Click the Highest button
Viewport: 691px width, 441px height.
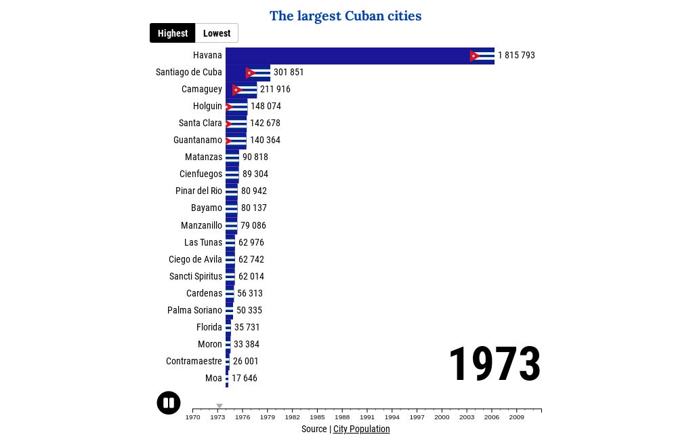point(173,33)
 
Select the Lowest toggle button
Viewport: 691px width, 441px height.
point(217,33)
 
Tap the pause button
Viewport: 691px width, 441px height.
point(169,403)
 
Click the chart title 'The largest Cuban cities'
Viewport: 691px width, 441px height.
point(345,16)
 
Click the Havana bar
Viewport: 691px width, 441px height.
point(359,56)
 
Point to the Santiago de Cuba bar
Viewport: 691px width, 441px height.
point(247,73)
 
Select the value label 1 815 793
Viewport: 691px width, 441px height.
point(516,56)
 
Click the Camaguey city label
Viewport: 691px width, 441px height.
point(201,90)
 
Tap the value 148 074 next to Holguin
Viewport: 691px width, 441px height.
point(266,107)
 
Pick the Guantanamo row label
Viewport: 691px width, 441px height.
point(197,140)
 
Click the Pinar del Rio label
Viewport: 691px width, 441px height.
point(198,191)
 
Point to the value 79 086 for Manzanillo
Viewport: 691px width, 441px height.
point(253,225)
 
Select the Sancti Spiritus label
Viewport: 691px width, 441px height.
point(196,276)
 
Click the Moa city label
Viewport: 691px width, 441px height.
point(213,379)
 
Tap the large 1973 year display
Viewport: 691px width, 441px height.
point(495,364)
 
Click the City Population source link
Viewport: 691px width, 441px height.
point(361,429)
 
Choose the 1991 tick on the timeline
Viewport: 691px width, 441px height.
point(367,417)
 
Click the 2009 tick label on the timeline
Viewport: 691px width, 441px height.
point(516,417)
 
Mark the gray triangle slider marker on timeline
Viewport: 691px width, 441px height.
point(219,406)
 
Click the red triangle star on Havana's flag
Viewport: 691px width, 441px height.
point(474,56)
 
